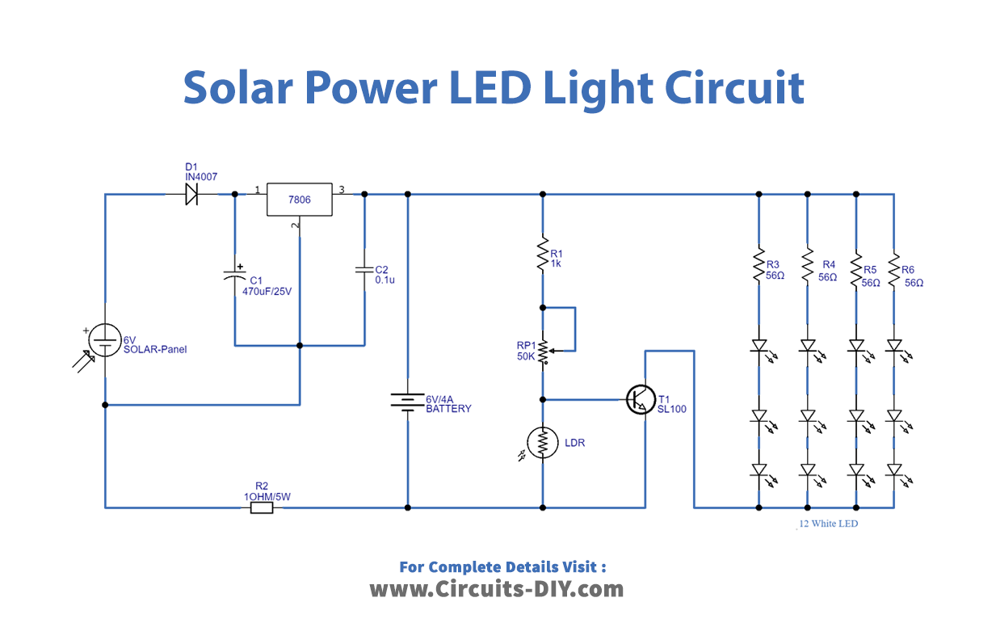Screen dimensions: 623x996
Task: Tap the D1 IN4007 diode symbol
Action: click(x=191, y=194)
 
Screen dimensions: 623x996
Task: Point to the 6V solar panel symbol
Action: click(x=104, y=339)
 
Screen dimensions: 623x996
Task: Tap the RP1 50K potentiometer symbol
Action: click(x=543, y=351)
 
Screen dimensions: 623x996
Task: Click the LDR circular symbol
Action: click(x=543, y=441)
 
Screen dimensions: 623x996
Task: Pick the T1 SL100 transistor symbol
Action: click(x=641, y=399)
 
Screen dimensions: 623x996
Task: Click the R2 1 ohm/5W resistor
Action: click(x=262, y=508)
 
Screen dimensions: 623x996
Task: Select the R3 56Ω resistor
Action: click(x=759, y=264)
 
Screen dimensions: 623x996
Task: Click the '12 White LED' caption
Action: click(x=828, y=524)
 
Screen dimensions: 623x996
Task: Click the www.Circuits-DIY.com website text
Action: click(x=497, y=589)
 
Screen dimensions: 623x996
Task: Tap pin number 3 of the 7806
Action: click(x=342, y=190)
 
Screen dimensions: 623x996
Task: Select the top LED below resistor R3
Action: click(x=759, y=346)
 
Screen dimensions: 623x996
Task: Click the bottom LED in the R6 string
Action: click(x=894, y=470)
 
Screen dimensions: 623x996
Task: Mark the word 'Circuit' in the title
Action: click(x=735, y=87)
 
